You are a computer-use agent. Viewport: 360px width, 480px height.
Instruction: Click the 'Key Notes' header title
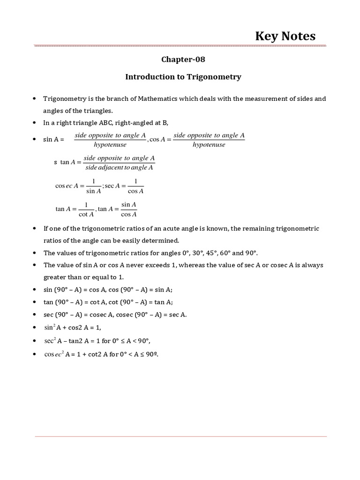pyautogui.click(x=285, y=36)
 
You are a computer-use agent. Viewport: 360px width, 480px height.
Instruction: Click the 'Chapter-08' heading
pyautogui.click(x=183, y=60)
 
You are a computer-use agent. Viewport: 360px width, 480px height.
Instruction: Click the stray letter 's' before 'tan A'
pyautogui.click(x=55, y=162)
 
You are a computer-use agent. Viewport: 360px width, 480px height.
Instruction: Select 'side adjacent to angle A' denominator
pyautogui.click(x=120, y=167)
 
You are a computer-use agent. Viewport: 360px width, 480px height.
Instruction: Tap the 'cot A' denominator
pyautogui.click(x=86, y=214)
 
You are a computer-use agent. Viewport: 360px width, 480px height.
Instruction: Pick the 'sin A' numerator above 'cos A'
pyautogui.click(x=128, y=204)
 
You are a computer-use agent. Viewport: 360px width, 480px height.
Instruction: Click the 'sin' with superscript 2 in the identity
pyautogui.click(x=49, y=327)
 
